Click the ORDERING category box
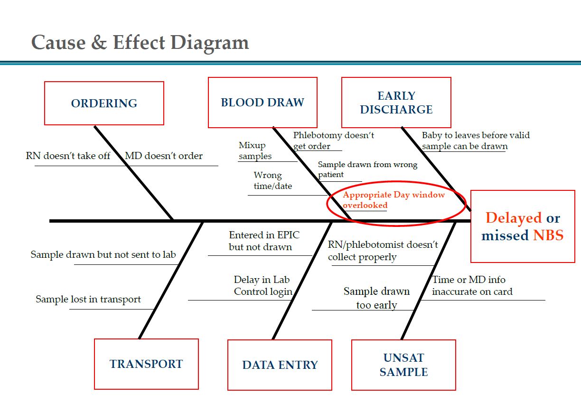click(104, 103)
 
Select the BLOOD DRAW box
click(262, 103)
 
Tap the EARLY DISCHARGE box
click(396, 103)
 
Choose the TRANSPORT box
click(146, 364)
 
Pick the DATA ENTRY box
click(280, 365)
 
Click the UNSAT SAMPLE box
click(403, 365)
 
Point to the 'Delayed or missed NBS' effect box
click(522, 226)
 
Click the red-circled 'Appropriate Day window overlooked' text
click(394, 200)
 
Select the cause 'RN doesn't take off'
click(68, 156)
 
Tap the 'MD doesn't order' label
click(164, 156)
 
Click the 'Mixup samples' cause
click(255, 150)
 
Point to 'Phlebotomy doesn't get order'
click(333, 141)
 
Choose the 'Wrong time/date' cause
click(272, 180)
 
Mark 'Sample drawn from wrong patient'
click(367, 169)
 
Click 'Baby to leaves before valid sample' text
click(475, 141)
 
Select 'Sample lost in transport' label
click(88, 300)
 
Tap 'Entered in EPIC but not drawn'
click(264, 241)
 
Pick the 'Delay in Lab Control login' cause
click(262, 285)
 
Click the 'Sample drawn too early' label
click(376, 298)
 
